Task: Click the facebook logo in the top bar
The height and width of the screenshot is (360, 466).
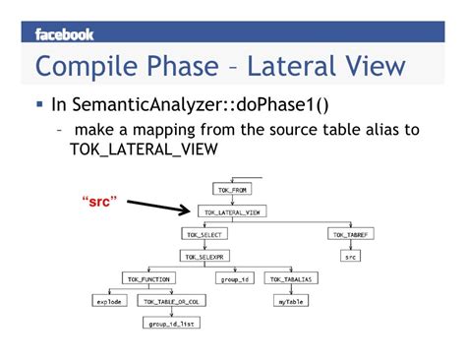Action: coord(64,34)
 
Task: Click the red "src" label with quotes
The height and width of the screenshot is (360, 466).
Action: coord(99,201)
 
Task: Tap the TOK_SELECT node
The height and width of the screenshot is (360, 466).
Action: coord(204,234)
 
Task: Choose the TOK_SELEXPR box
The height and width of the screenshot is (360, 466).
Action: coord(204,256)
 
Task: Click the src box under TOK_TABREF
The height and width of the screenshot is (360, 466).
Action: coord(351,257)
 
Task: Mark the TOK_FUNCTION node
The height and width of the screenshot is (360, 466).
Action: coord(148,279)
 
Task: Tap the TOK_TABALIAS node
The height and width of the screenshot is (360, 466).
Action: coord(289,279)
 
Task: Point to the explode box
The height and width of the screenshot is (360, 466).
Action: coord(108,301)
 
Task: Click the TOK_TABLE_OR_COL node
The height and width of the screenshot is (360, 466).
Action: coord(174,301)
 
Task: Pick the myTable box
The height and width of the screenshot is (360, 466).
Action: coord(289,301)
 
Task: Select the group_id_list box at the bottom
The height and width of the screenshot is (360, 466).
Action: coord(172,324)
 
